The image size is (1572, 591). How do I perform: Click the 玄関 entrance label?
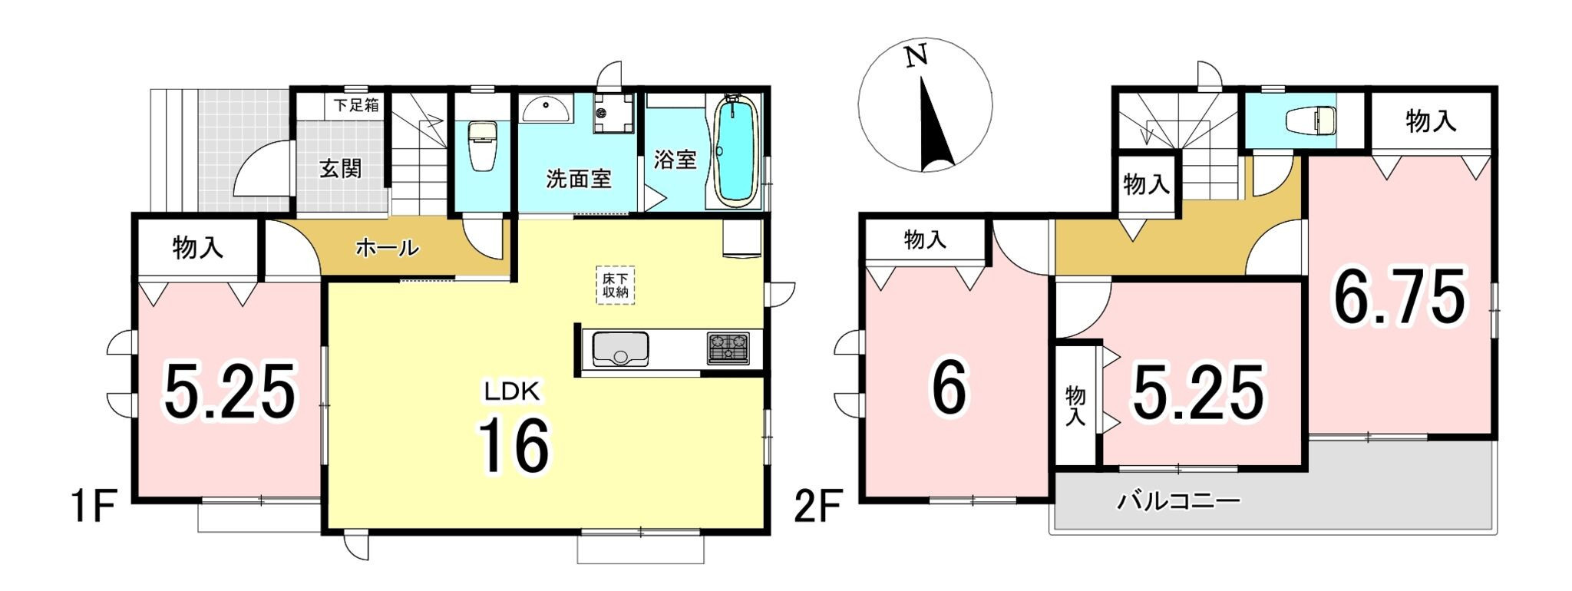click(340, 168)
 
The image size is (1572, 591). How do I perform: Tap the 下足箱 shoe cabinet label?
click(356, 105)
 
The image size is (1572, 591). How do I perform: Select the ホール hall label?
click(388, 248)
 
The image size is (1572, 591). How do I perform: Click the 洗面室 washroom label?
click(579, 179)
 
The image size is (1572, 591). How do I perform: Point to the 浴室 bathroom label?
click(675, 160)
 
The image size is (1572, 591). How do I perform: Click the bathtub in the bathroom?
click(737, 151)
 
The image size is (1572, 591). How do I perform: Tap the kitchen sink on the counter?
click(620, 350)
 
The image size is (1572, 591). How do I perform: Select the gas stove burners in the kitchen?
click(728, 348)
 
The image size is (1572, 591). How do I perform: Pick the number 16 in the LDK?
click(514, 446)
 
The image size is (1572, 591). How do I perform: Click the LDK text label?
click(513, 392)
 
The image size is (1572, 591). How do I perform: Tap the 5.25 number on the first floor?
click(230, 392)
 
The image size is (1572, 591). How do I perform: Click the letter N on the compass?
click(916, 57)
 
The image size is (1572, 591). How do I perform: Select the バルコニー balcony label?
click(1178, 503)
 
